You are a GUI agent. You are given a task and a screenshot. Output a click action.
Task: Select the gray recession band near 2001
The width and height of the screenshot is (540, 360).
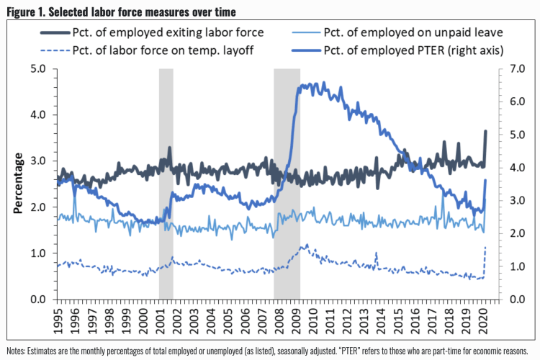point(166,184)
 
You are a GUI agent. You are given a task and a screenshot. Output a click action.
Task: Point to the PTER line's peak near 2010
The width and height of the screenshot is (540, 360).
point(310,84)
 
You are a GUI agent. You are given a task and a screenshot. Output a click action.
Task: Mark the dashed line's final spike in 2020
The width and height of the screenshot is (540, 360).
point(485,248)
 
